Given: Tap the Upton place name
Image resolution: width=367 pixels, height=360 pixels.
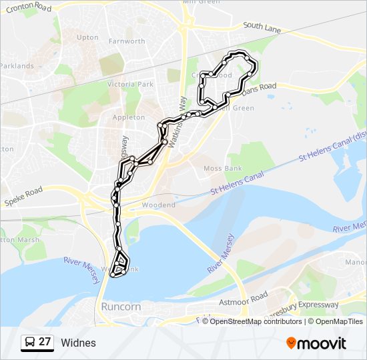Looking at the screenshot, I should pos(87,38).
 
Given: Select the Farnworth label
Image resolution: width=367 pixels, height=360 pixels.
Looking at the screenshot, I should pos(127,41).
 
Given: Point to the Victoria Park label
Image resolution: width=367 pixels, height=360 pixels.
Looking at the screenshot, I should pos(131,85).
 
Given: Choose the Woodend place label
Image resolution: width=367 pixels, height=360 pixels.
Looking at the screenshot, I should pos(158,205).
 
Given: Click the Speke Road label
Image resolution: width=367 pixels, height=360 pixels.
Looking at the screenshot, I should pos(24,195).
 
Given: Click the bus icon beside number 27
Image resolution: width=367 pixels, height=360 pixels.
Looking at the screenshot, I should pos(30,342).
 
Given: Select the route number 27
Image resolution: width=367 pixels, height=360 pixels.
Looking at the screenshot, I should pos(45,342).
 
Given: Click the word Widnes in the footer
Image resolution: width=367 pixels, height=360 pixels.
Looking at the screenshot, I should pos(78,343).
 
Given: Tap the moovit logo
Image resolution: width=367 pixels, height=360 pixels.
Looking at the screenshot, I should pos(316,343).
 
